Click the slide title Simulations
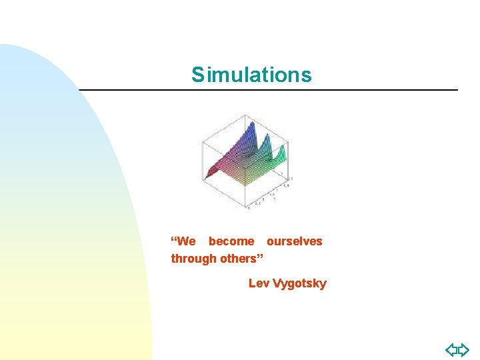coord(251,75)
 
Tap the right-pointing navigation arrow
coord(464,349)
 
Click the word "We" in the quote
coord(187,241)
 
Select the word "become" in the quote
coord(231,241)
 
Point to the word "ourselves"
coord(294,241)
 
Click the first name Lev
coord(259,283)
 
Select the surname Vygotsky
coord(299,283)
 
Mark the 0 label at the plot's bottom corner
coord(248,208)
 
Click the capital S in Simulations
coord(197,75)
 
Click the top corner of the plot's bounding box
coord(245,115)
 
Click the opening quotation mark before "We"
coord(174,239)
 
